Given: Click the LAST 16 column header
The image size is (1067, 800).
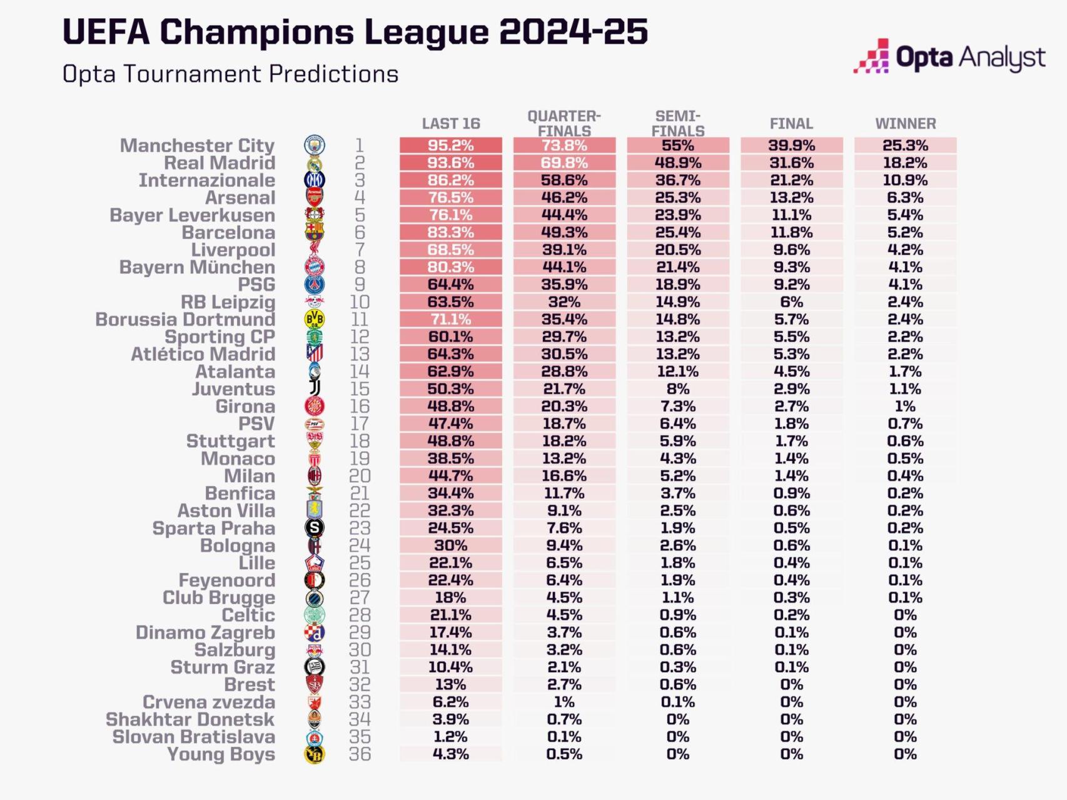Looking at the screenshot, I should click(451, 123).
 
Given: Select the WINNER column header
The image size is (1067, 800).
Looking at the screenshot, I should click(905, 123).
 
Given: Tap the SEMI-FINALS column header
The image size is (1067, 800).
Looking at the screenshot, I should click(677, 123).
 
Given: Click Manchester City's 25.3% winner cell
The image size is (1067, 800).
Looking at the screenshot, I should click(905, 145).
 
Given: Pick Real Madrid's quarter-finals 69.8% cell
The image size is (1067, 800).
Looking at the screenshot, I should click(564, 163).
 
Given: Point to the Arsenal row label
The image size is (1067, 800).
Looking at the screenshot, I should click(240, 198).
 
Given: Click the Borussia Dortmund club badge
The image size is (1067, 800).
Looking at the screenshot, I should click(314, 319).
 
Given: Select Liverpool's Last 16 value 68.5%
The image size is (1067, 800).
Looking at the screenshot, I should click(451, 250).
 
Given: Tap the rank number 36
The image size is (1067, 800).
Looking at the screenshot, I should click(360, 754).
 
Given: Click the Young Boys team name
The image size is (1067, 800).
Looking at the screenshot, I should click(221, 754).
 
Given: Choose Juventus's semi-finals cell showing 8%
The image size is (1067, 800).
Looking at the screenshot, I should click(677, 388).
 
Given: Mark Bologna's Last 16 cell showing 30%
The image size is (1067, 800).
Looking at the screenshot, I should click(451, 545).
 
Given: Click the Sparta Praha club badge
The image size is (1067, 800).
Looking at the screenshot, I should click(314, 528).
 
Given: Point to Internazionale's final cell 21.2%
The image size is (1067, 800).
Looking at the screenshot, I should click(791, 180).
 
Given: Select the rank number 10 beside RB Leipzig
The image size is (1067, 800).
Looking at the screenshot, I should click(360, 301).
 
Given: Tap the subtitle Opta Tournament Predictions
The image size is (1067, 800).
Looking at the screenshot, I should click(230, 74).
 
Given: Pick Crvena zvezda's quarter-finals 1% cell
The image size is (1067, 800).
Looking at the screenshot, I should click(564, 702).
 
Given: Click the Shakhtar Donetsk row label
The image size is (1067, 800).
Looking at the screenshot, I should click(190, 719).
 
